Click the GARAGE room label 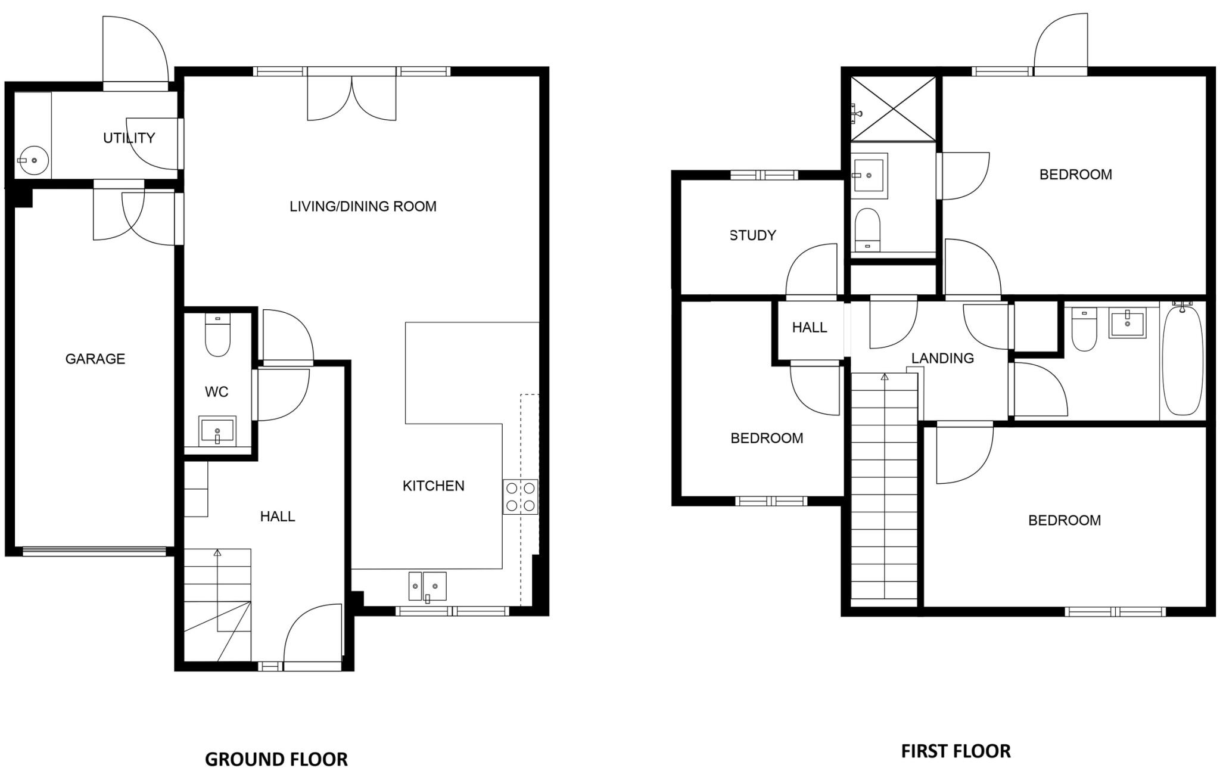[95, 359]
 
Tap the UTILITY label [129, 138]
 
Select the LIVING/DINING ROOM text [363, 207]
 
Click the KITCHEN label [433, 486]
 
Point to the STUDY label [753, 235]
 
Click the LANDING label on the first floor [942, 358]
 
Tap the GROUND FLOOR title [276, 759]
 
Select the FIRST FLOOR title [956, 751]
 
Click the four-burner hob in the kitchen [520, 497]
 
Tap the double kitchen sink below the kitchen [427, 586]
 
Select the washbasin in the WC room [217, 430]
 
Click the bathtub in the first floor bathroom [1182, 361]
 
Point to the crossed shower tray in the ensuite [892, 109]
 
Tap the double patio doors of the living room [351, 97]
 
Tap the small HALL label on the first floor [809, 328]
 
